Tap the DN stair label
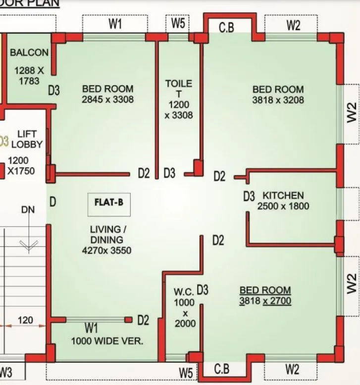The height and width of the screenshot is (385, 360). pyautogui.click(x=28, y=210)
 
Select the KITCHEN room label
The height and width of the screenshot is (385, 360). pyautogui.click(x=283, y=195)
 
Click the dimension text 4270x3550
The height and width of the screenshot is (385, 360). pyautogui.click(x=107, y=250)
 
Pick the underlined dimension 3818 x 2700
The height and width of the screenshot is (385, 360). pyautogui.click(x=265, y=301)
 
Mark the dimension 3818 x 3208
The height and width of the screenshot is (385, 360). pyautogui.click(x=278, y=99)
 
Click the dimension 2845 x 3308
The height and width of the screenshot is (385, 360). pyautogui.click(x=107, y=99)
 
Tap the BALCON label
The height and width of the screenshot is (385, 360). pyautogui.click(x=29, y=52)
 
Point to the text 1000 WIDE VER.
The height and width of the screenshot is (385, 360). pyautogui.click(x=107, y=341)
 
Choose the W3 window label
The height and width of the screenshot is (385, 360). pyautogui.click(x=6, y=372)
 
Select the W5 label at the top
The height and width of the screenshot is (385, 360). pyautogui.click(x=178, y=23)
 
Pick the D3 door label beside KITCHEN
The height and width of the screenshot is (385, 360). pyautogui.click(x=249, y=196)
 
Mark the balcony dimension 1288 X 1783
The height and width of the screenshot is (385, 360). pyautogui.click(x=29, y=76)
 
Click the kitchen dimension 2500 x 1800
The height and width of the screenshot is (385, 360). pyautogui.click(x=283, y=206)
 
